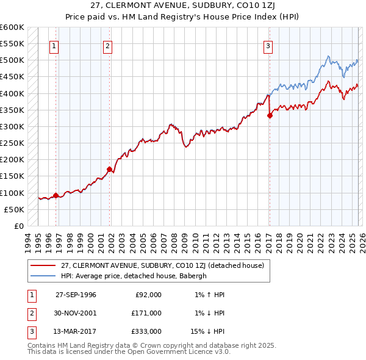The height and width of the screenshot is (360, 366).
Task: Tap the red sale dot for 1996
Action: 56,196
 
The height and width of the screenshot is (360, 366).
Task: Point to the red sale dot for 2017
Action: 270,116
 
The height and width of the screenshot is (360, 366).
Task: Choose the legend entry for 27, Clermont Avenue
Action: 162,265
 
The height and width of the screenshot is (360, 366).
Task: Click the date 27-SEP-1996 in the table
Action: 76,295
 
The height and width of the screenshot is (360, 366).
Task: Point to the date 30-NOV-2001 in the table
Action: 76,313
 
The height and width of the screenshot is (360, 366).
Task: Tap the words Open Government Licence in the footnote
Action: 176,352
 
